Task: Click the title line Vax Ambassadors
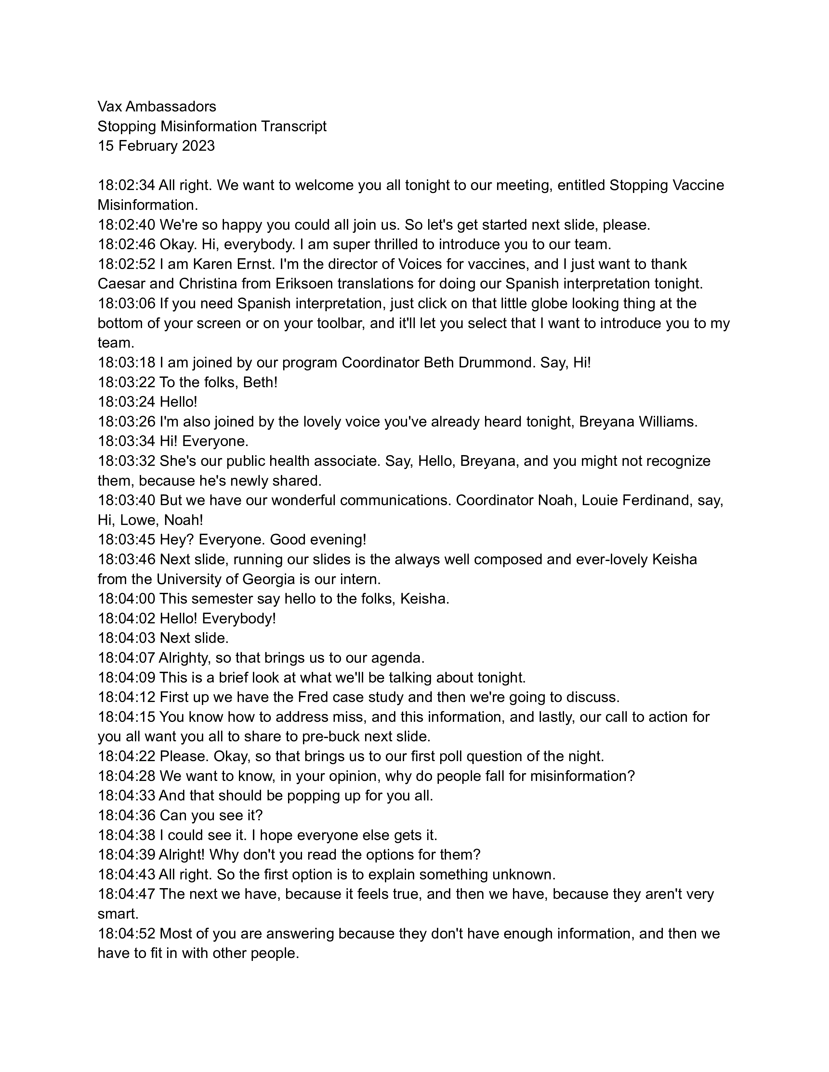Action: tap(157, 107)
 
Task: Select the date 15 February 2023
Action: tap(156, 146)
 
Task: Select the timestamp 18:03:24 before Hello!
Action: tap(126, 402)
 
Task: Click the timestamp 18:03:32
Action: tap(126, 461)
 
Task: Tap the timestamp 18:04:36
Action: tap(126, 815)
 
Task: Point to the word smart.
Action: tap(118, 914)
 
